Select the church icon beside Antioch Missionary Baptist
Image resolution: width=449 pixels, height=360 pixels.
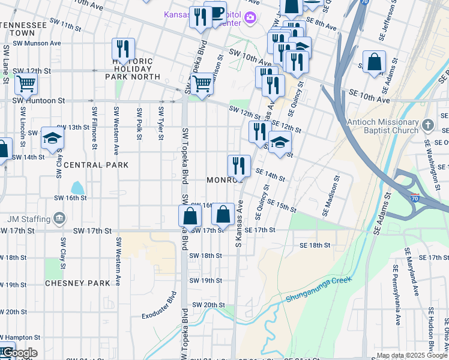tap(427, 125)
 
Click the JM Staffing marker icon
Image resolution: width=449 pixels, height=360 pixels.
tap(59, 217)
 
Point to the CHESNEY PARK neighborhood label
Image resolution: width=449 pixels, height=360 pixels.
tap(77, 283)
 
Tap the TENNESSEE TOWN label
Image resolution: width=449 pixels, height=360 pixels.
tap(25, 29)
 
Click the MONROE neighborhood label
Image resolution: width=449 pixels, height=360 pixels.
tap(224, 180)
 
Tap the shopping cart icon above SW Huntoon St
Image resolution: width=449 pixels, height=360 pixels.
tap(26, 84)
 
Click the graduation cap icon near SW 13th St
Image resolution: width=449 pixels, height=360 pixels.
tap(52, 137)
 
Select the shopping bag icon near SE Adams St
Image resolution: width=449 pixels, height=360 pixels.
tap(374, 62)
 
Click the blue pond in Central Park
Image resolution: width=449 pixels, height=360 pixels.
tap(77, 189)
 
